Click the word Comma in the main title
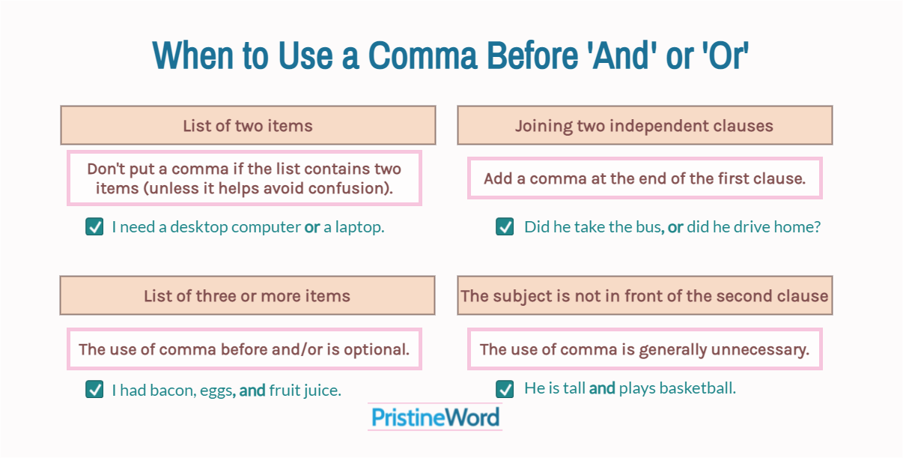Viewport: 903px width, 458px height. [x=422, y=55]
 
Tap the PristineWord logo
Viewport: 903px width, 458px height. [x=435, y=417]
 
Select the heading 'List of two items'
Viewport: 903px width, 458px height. [x=248, y=125]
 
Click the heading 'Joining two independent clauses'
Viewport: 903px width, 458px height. [x=644, y=126]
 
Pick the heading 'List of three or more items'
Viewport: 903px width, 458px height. [x=247, y=296]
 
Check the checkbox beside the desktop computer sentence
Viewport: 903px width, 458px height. [x=94, y=226]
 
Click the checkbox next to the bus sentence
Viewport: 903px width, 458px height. [x=505, y=226]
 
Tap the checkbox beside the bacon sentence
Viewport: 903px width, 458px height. [x=94, y=389]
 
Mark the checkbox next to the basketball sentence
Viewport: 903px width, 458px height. [x=505, y=389]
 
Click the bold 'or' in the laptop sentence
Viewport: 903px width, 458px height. [x=312, y=227]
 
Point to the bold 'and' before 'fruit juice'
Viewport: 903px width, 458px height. [x=252, y=391]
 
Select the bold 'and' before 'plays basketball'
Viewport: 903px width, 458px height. [x=602, y=388]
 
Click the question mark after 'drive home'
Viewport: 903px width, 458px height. [x=816, y=227]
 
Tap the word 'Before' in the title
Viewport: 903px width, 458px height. [x=532, y=55]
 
